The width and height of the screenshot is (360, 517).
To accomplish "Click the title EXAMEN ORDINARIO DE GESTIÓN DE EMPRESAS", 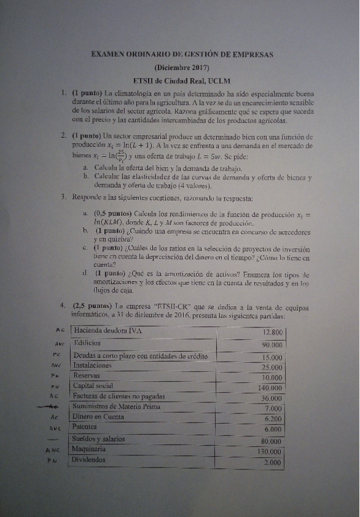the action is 182,54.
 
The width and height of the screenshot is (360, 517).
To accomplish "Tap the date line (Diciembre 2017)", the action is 182,68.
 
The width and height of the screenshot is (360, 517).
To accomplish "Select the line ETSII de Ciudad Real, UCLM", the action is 182,80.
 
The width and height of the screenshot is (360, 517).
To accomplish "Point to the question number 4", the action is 63,305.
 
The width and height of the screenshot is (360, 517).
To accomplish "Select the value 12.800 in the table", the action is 272,332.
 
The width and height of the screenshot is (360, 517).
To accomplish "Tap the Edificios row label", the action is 90,343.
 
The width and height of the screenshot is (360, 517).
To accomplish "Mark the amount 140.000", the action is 270,387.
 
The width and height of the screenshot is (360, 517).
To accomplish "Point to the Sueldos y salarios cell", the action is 99,439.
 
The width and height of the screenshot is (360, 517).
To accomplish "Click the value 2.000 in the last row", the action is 272,463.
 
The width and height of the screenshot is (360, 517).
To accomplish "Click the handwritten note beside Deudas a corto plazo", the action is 55,355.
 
